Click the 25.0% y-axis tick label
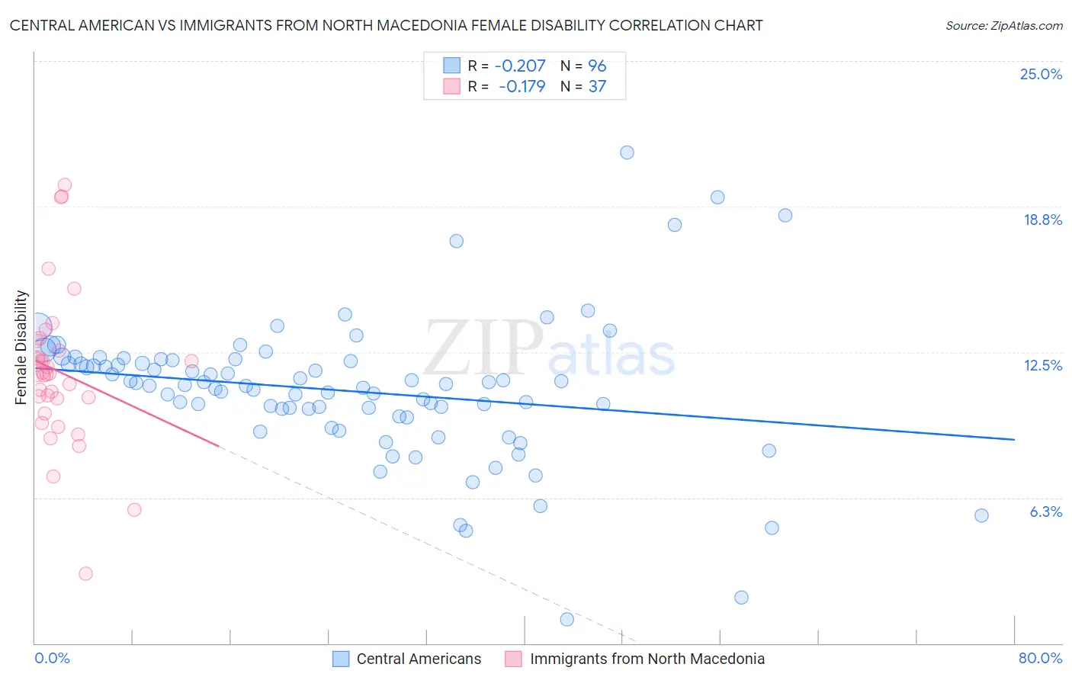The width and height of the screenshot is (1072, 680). [x=1041, y=74]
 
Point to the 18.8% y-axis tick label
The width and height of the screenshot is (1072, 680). [x=1042, y=220]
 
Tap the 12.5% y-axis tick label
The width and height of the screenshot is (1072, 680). [x=1042, y=365]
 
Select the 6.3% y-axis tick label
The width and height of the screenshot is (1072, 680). [x=1045, y=512]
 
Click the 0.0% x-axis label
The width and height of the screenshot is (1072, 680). [x=52, y=658]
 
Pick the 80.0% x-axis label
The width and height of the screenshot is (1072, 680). [x=1040, y=658]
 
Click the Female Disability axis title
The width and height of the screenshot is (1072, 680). [x=21, y=347]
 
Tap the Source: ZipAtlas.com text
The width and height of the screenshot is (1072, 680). [x=1003, y=25]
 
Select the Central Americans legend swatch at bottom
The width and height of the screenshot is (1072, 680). [x=341, y=659]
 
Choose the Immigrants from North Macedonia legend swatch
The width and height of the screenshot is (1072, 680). [x=514, y=659]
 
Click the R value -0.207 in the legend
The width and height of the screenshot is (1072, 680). [x=520, y=66]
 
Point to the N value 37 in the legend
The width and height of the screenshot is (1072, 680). [x=597, y=87]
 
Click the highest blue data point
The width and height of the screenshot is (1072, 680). [x=627, y=152]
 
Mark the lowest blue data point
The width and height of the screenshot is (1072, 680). [x=566, y=619]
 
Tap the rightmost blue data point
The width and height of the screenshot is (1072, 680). [x=981, y=515]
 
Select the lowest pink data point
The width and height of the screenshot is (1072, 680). [x=85, y=573]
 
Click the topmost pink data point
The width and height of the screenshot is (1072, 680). [x=65, y=184]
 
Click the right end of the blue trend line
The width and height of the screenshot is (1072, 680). [x=1014, y=440]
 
